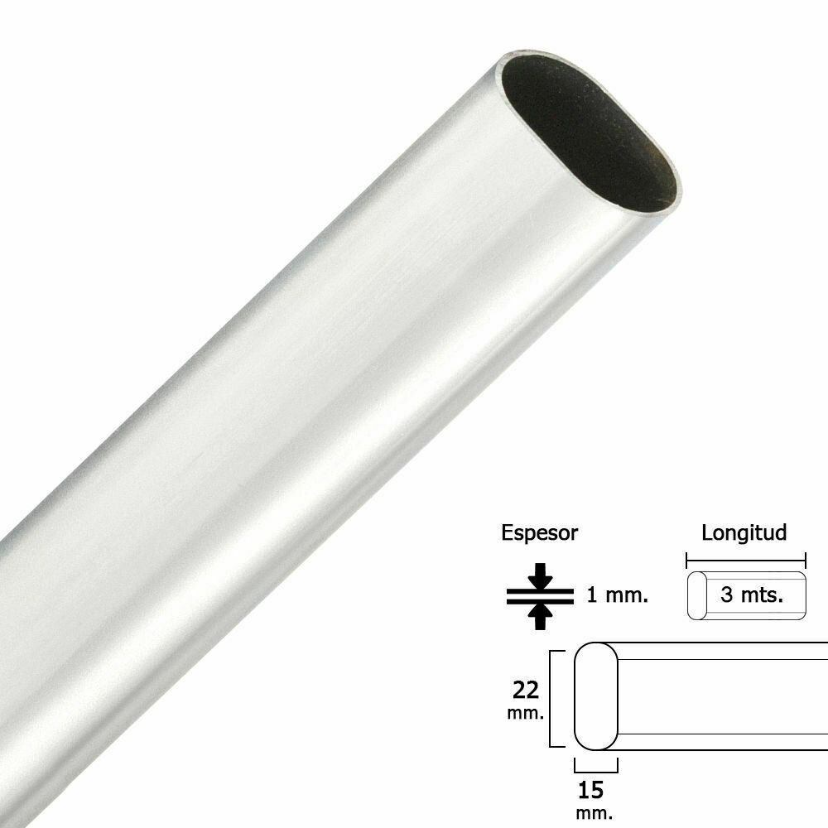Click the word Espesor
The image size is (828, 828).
click(539, 533)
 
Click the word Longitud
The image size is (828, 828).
click(744, 532)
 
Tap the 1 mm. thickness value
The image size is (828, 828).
click(618, 595)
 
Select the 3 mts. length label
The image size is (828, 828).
click(752, 595)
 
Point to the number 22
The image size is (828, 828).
click(526, 690)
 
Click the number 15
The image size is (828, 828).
click(591, 790)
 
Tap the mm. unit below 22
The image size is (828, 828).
click(526, 714)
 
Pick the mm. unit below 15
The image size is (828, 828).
click(594, 813)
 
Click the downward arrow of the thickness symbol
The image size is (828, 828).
click(540, 575)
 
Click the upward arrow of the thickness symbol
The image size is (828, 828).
click(540, 617)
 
